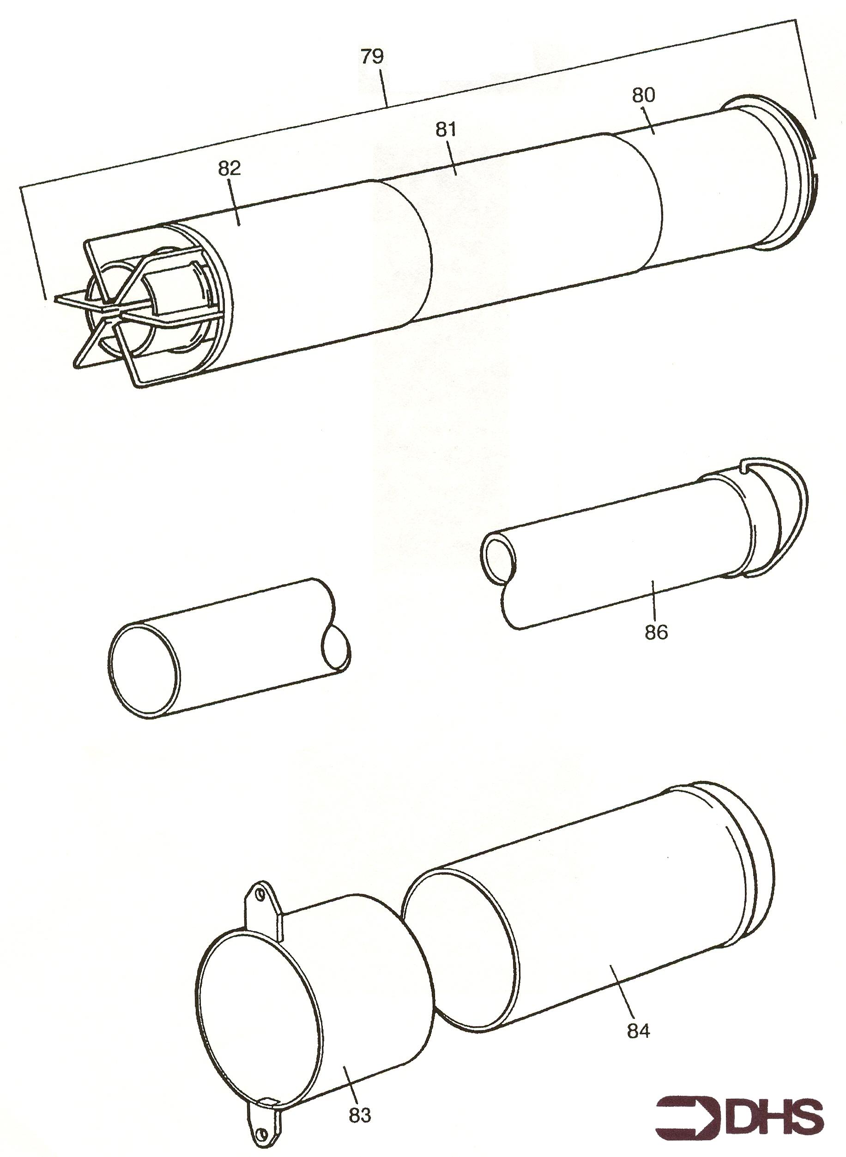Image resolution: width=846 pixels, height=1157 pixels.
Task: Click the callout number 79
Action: click(372, 56)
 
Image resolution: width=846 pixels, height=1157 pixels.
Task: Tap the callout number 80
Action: click(643, 95)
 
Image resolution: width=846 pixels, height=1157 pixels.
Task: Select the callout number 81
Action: click(446, 130)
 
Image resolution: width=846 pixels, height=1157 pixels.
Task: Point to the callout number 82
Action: click(229, 168)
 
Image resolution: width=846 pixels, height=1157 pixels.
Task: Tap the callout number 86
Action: click(656, 633)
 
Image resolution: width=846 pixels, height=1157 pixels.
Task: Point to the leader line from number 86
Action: click(654, 602)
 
